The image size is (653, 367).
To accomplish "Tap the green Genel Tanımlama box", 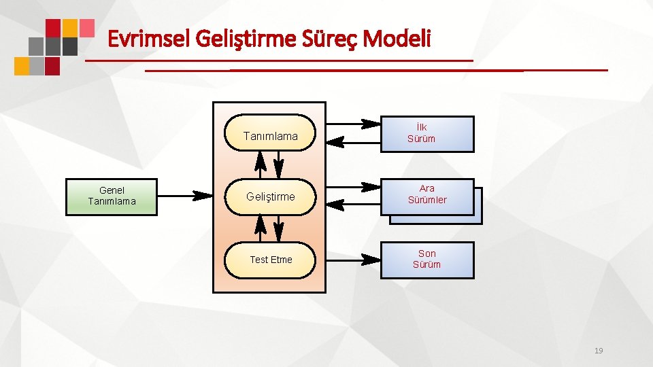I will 112,196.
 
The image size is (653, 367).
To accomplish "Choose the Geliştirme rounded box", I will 270,196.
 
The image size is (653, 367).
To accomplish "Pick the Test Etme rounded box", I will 270,260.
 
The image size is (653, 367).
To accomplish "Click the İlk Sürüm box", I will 426,133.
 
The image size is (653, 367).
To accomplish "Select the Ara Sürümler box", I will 427,195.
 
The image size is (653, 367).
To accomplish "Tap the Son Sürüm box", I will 426,260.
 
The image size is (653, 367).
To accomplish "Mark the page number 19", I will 599,351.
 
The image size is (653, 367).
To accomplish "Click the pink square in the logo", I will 86,27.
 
